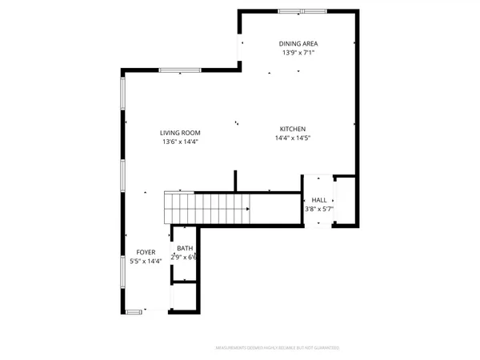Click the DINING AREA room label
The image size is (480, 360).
tap(297, 43)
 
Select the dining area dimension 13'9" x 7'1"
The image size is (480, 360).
tap(297, 53)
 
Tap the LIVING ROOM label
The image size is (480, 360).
tap(179, 133)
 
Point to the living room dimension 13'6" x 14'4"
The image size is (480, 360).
tap(179, 142)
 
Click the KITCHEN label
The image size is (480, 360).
tap(292, 130)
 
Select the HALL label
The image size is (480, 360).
tap(318, 200)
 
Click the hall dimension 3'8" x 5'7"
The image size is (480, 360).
tap(318, 209)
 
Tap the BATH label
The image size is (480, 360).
tap(185, 248)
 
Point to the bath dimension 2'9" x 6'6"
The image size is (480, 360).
tap(185, 257)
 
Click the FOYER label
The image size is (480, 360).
tap(146, 252)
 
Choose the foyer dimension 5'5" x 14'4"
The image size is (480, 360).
tap(146, 261)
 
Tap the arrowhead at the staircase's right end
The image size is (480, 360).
tap(249, 210)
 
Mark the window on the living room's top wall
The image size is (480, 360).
tap(174, 71)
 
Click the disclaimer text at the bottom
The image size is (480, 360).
tap(278, 348)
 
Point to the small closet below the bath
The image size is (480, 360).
tap(185, 296)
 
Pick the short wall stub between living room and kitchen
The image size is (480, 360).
tap(235, 181)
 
